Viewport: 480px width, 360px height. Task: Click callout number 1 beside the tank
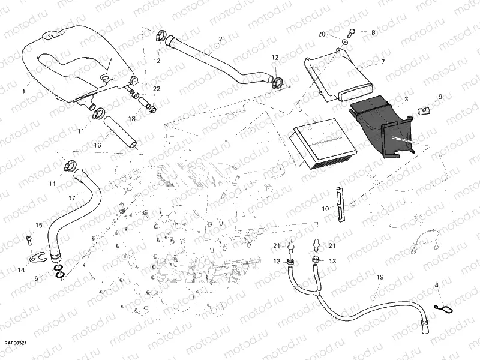[x=23, y=91]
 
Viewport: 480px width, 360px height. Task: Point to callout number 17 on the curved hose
[x=71, y=197]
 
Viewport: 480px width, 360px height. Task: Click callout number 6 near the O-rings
[x=37, y=278]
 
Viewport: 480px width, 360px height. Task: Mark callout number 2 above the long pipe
[x=220, y=39]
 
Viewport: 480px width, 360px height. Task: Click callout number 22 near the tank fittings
[x=157, y=89]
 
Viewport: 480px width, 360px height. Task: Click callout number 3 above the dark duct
[x=406, y=98]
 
